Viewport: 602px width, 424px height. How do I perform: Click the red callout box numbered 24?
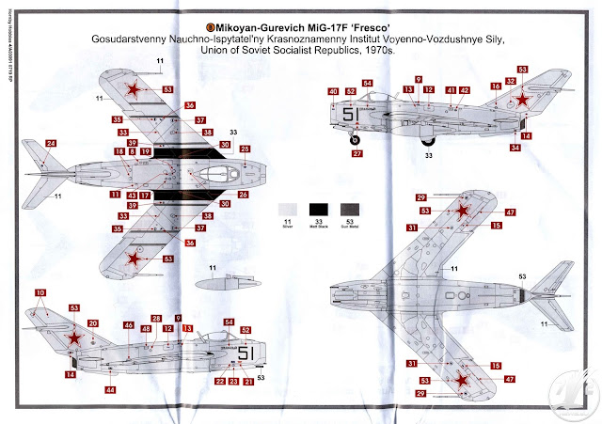(x=51, y=144)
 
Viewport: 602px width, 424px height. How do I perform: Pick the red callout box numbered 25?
(x=245, y=149)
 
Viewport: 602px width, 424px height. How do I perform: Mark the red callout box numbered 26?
(x=243, y=195)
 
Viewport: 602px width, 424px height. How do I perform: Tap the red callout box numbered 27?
(x=356, y=152)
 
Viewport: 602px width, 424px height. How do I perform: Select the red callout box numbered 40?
(x=333, y=91)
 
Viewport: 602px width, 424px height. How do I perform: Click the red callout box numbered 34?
(x=515, y=147)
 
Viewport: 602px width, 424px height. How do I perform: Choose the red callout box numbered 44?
(x=110, y=388)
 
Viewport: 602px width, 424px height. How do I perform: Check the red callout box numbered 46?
(x=129, y=325)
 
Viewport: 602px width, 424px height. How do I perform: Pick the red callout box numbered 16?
(x=494, y=86)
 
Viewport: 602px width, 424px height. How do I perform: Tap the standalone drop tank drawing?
(x=220, y=279)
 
